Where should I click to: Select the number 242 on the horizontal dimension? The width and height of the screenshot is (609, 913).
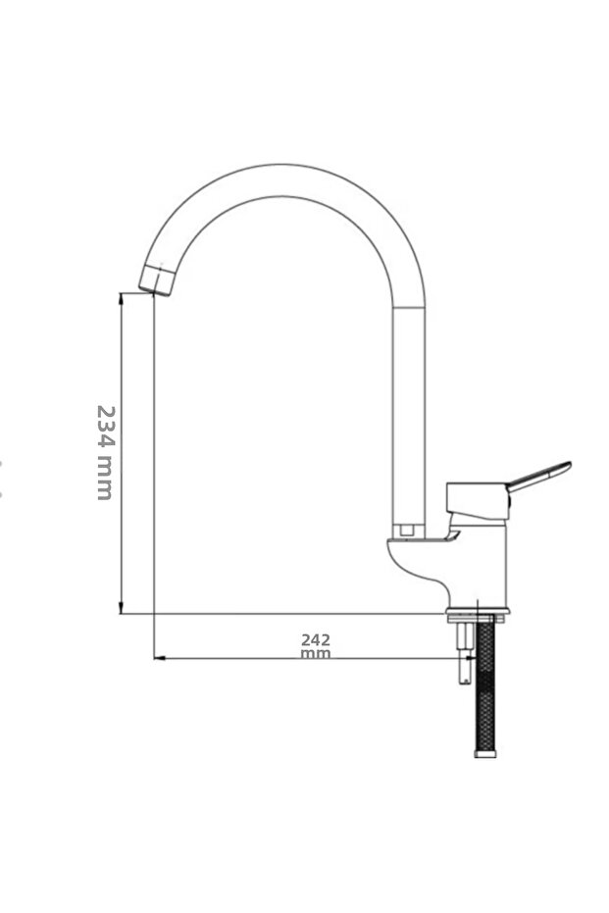coord(316,640)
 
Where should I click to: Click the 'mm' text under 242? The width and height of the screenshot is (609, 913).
coord(316,654)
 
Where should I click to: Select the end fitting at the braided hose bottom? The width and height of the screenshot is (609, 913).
coord(485,753)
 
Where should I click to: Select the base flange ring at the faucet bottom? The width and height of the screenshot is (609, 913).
coord(478,617)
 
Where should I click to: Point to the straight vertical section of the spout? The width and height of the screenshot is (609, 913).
coord(409,412)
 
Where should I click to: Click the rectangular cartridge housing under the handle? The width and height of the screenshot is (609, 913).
coord(478,499)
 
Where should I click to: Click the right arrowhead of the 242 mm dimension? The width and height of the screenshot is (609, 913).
coord(454,658)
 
